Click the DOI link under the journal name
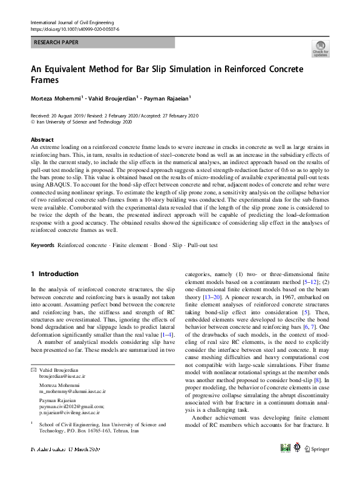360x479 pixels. coord(74,28)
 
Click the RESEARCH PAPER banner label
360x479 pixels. coord(56,42)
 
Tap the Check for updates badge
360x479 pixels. coord(320,49)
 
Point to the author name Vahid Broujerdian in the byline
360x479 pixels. coord(114,97)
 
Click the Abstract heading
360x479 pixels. coord(42,139)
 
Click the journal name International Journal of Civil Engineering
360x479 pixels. coord(74,22)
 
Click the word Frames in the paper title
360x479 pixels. coord(45,80)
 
